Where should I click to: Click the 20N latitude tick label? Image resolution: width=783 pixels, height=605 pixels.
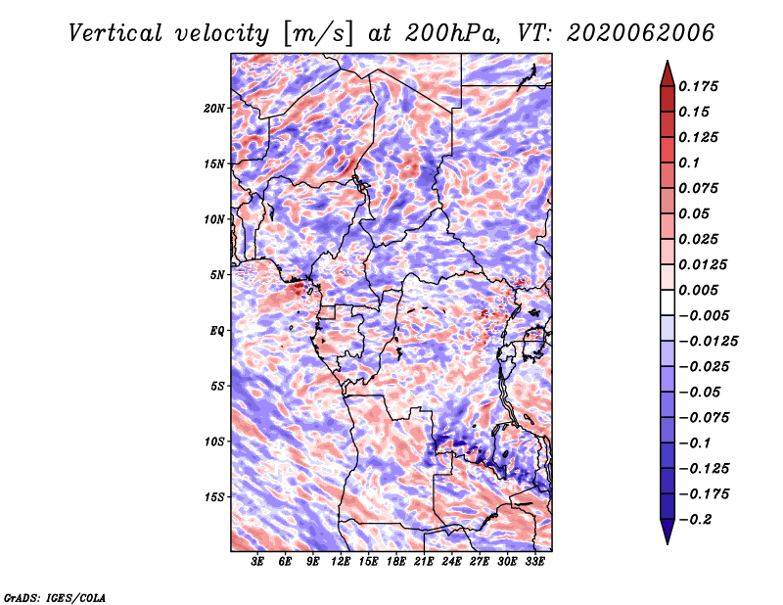click(x=214, y=109)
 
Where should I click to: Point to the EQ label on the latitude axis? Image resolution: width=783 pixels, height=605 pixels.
click(x=216, y=331)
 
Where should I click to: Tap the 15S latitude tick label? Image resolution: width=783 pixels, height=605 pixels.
click(x=214, y=497)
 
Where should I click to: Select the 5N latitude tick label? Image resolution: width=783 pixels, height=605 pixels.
click(x=217, y=275)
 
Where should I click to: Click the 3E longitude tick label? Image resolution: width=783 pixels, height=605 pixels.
click(x=257, y=562)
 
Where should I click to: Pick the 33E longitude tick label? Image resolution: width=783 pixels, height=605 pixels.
click(x=534, y=562)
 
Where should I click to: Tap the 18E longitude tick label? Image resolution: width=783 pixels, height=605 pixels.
click(x=396, y=562)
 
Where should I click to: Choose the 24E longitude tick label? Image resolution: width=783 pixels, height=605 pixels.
click(x=451, y=562)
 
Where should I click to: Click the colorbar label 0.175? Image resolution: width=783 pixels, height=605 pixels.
click(x=698, y=86)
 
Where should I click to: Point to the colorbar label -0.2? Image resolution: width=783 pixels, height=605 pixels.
click(x=696, y=520)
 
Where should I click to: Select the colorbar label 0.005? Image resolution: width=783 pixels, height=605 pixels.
click(x=698, y=290)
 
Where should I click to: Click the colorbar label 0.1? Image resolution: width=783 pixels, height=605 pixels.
click(x=689, y=163)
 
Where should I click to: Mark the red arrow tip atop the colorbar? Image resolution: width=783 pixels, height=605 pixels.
click(x=668, y=61)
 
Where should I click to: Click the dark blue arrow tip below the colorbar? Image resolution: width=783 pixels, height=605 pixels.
click(x=668, y=543)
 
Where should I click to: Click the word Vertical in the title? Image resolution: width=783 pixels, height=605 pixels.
click(x=115, y=33)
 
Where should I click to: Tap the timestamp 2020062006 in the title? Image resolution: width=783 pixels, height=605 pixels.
click(x=641, y=33)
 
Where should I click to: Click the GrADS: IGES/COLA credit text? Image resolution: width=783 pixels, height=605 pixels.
click(x=55, y=598)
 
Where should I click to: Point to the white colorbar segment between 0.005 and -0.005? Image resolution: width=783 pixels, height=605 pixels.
click(x=668, y=302)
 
